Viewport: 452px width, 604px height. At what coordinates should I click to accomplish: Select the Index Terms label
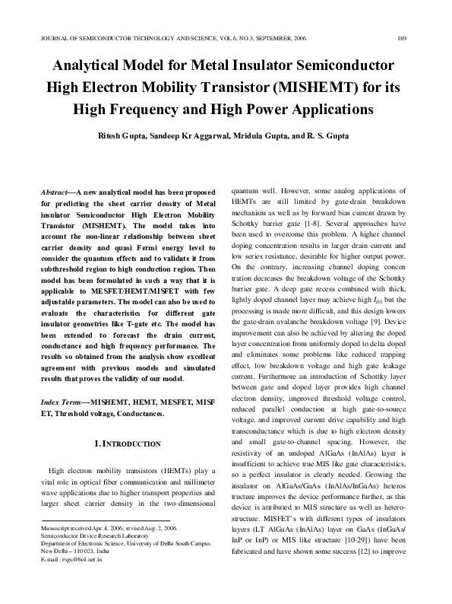62,401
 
